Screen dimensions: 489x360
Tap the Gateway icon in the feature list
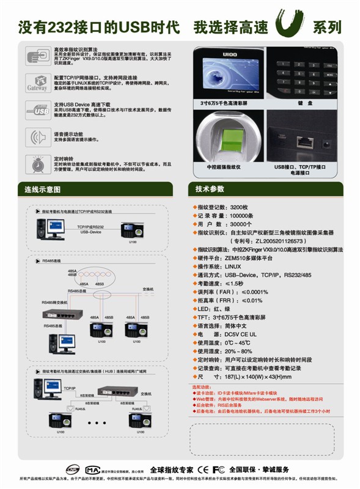(37, 83)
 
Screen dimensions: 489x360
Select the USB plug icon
(37, 110)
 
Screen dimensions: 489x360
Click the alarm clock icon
(37, 164)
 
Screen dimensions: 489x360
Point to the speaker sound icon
(37, 137)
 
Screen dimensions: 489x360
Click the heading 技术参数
(210, 189)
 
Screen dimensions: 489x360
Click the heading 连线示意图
(42, 189)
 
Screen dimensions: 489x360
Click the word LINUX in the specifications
(234, 267)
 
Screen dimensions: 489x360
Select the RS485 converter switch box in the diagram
(61, 315)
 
